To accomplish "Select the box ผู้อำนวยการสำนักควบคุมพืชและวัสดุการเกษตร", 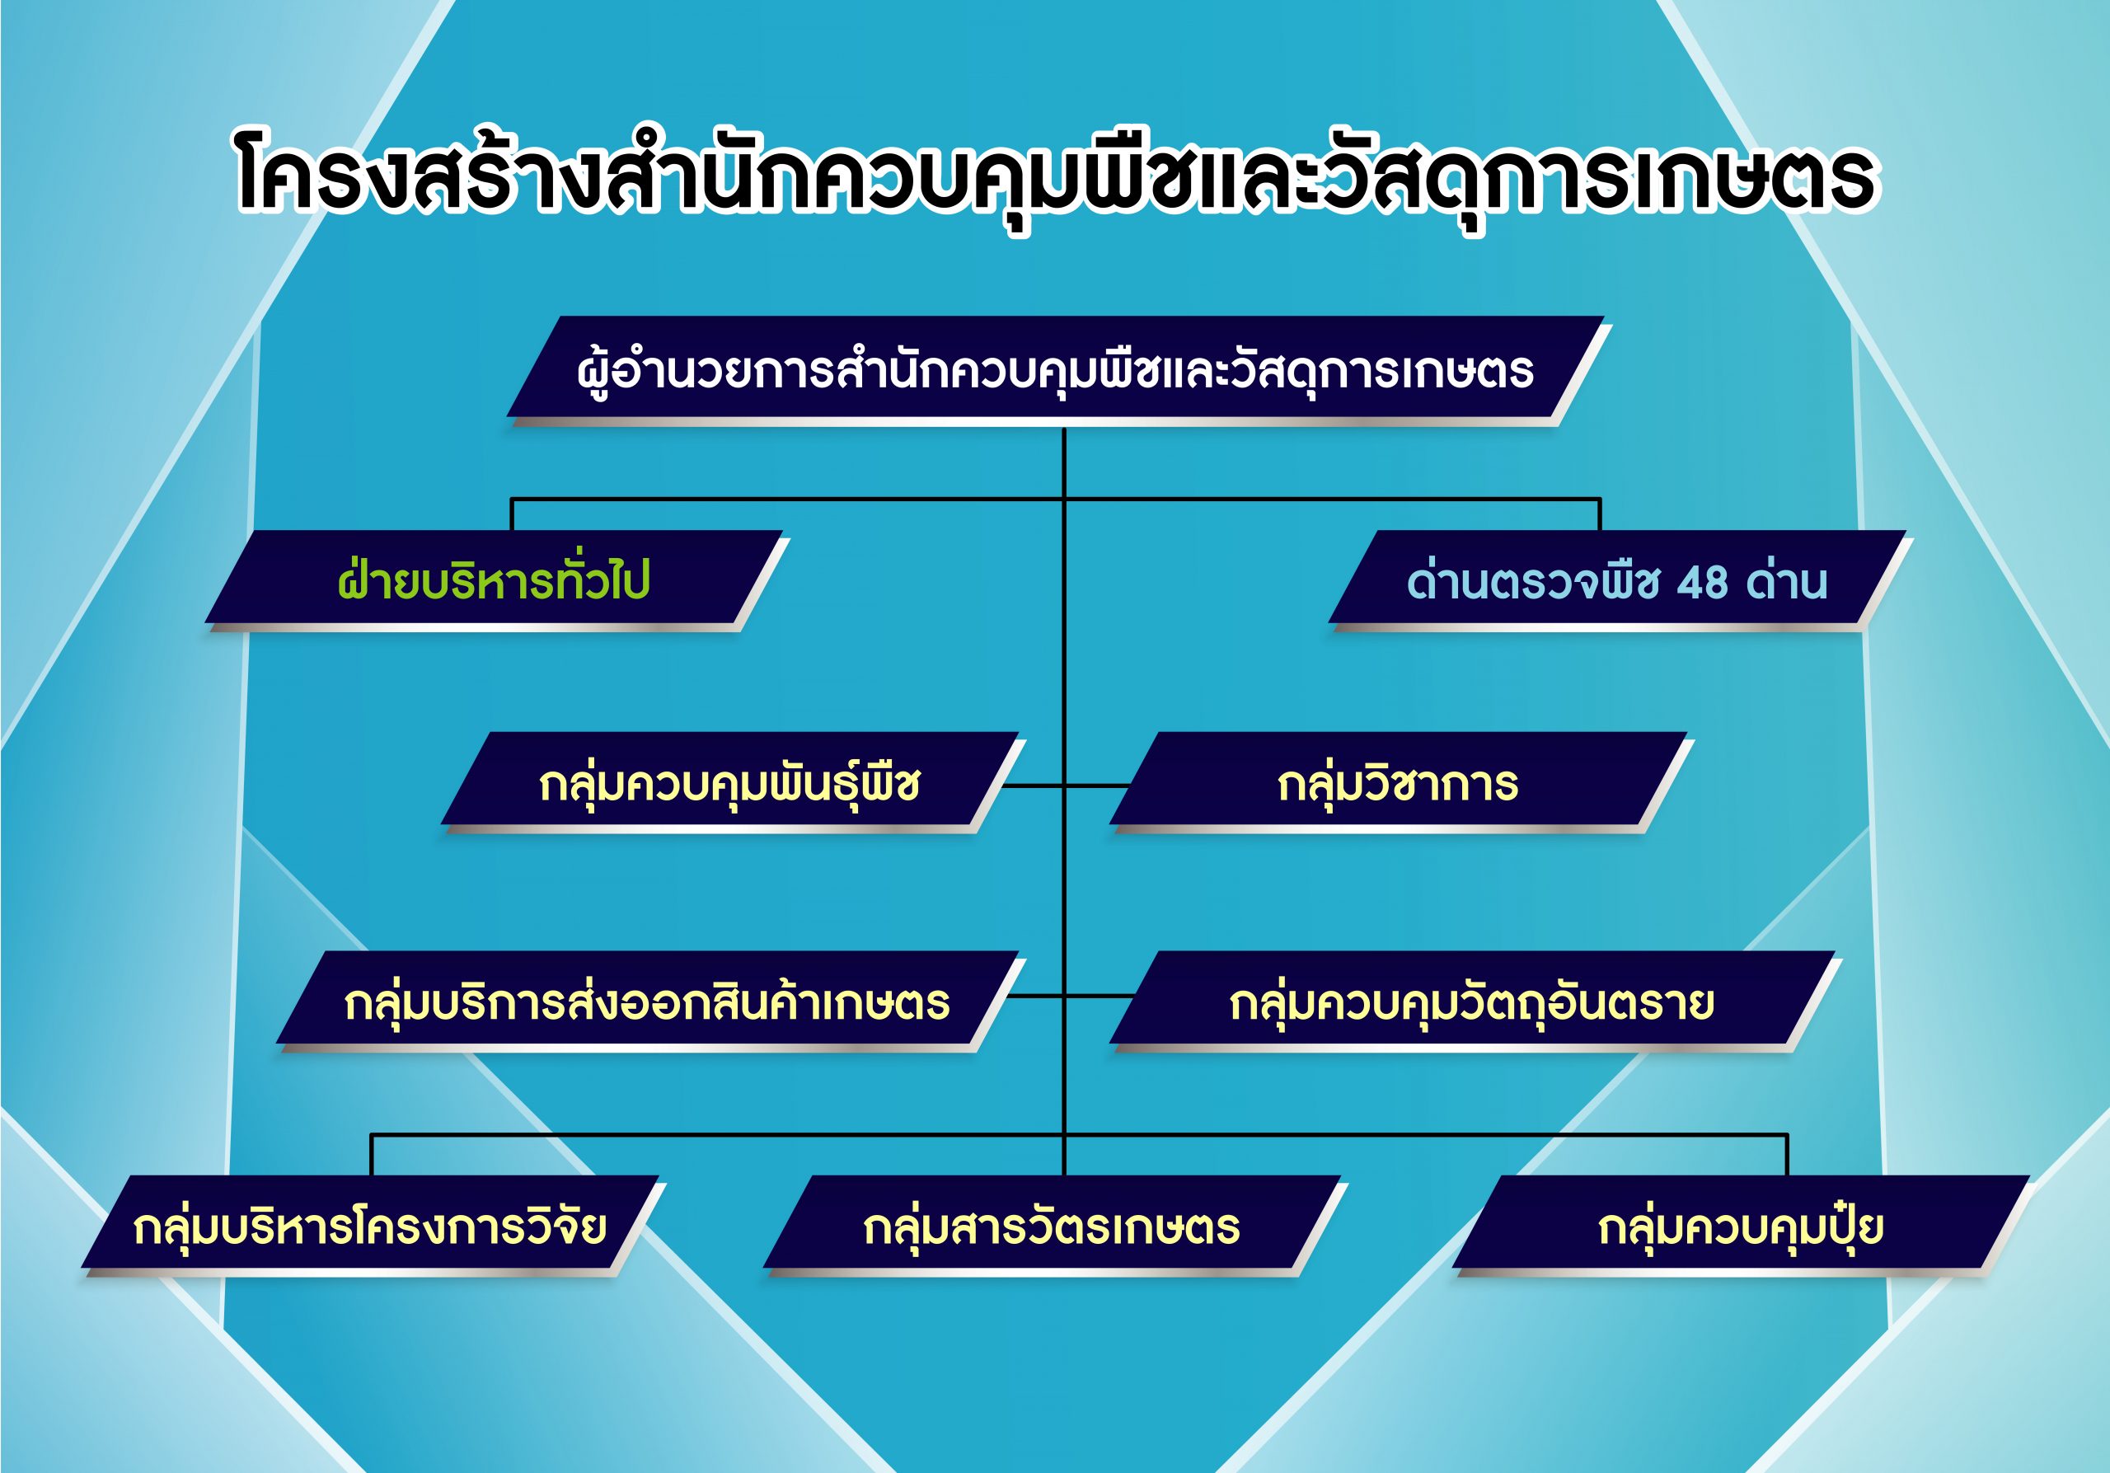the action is click(x=1057, y=369).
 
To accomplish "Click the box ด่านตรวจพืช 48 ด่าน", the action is click(x=1620, y=581).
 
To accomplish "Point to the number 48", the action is click(x=1702, y=583).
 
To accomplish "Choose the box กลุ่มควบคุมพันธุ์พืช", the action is click(x=733, y=783).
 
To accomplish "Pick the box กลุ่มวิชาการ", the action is click(x=1400, y=783).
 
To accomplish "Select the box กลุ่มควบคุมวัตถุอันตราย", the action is click(x=1475, y=1002).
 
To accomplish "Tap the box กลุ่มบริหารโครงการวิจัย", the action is click(x=373, y=1226).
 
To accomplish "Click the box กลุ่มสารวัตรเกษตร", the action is click(x=1055, y=1226).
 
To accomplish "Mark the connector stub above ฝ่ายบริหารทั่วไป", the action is click(x=511, y=514).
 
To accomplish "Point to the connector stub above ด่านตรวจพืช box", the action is click(x=1600, y=514).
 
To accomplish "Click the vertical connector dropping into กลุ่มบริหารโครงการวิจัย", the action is click(x=371, y=1155).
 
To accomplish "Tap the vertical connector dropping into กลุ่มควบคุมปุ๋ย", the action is click(x=1787, y=1155).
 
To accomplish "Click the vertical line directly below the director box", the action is click(x=1064, y=463).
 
